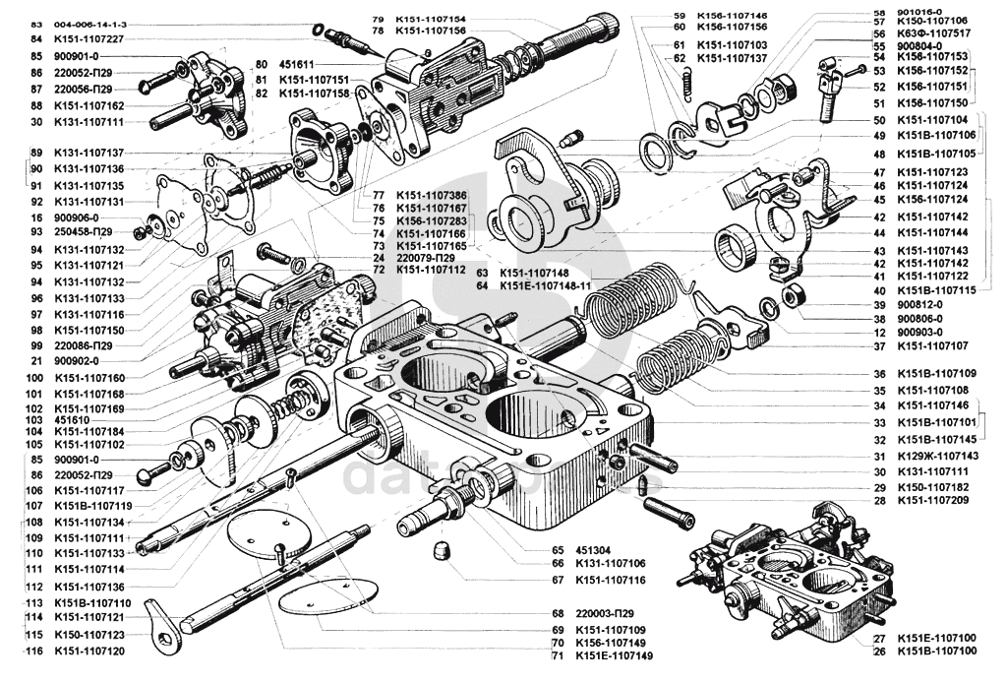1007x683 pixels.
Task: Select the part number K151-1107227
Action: pos(89,38)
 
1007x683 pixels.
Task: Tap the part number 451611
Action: pos(298,64)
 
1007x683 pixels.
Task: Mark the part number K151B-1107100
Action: pos(936,652)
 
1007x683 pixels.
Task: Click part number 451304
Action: pos(593,550)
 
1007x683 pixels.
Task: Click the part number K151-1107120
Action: pos(89,652)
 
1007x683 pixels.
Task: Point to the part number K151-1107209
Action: pos(934,501)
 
